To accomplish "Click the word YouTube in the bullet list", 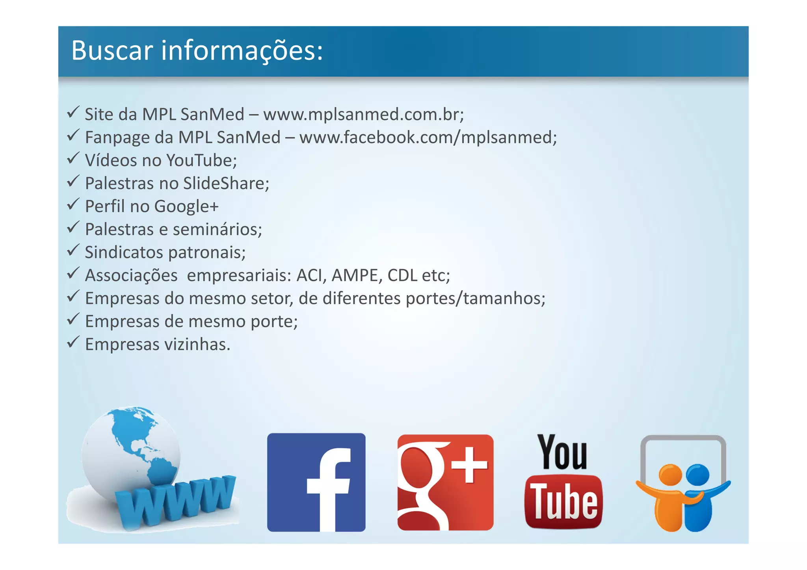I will point(201,160).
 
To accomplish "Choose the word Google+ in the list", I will point(186,206).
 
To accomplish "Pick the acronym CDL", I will point(402,275).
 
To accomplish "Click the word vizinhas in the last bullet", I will point(197,345).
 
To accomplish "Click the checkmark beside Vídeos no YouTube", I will point(73,158).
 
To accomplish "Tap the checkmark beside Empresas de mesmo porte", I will point(73,319).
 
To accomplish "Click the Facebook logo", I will point(316,482).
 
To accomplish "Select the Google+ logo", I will point(445,482).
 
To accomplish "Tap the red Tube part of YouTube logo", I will point(563,501).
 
